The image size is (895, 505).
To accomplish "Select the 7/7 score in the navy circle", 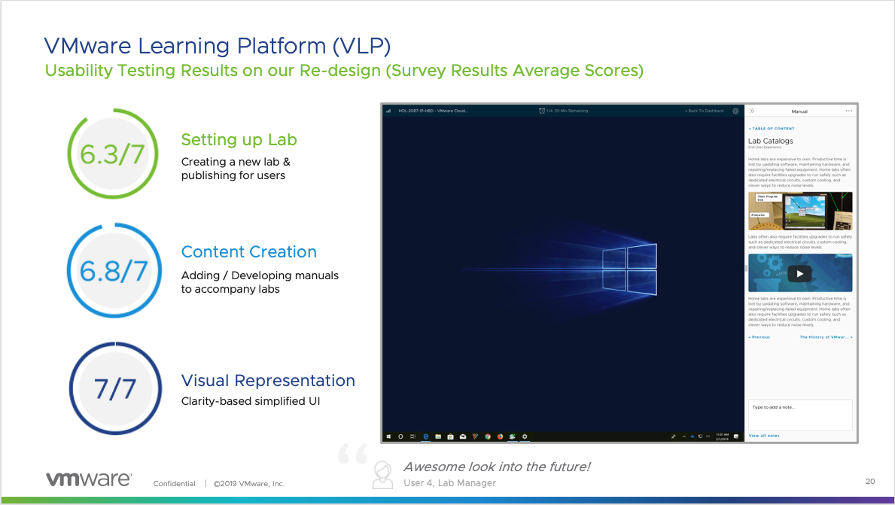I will click(115, 388).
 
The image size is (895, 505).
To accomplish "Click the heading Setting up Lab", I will click(239, 139).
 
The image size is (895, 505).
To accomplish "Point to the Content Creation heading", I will click(248, 252).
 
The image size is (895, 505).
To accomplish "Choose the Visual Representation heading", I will click(268, 380).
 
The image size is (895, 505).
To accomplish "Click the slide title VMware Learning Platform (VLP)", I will click(218, 46).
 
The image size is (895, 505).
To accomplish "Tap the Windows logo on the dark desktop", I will click(629, 269).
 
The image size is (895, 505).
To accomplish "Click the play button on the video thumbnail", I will click(799, 274).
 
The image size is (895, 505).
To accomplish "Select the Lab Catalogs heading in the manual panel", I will click(770, 141).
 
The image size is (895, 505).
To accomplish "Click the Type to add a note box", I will click(799, 415).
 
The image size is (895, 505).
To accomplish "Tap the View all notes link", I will click(764, 436).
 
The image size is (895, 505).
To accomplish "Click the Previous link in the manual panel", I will click(759, 337).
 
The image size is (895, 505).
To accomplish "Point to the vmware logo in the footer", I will click(89, 479).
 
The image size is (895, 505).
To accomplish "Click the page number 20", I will click(870, 481).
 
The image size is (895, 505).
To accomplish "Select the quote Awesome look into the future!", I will click(497, 467).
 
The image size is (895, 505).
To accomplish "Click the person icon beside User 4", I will click(383, 473).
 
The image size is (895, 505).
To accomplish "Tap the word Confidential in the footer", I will click(174, 483).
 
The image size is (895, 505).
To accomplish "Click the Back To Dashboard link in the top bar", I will click(704, 111).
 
